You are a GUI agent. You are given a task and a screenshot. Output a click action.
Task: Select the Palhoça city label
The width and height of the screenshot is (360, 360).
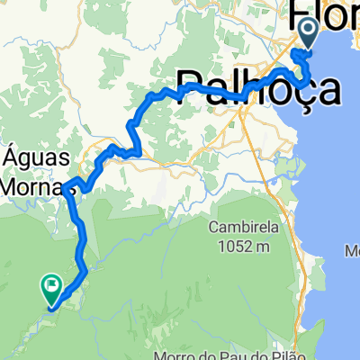click(260, 88)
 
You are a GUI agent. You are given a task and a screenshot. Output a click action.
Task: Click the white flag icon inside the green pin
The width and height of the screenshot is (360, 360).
click(51, 286)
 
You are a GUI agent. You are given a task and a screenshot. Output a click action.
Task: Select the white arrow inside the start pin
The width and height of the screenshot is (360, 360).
click(307, 33)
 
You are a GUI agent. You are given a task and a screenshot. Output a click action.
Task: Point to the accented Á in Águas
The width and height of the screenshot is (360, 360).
click(13, 154)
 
